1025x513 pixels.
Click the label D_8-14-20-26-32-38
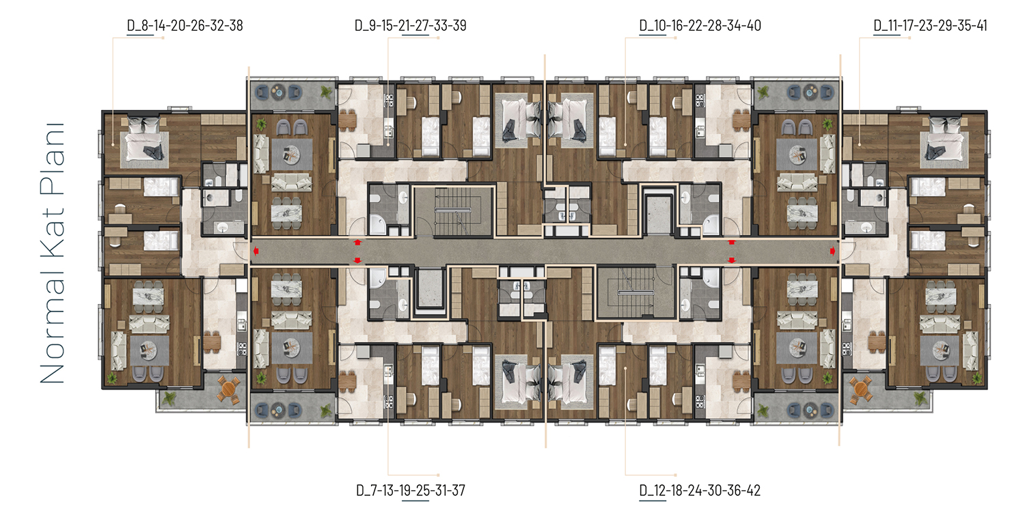[x=185, y=26]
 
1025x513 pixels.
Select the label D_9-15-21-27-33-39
[x=411, y=26]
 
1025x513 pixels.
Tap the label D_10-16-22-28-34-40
[x=700, y=26]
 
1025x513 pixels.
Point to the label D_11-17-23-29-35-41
[x=930, y=26]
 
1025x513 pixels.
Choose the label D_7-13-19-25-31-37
[x=411, y=490]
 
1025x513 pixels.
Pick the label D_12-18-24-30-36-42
[x=700, y=490]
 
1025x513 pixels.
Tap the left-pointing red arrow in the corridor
[x=256, y=251]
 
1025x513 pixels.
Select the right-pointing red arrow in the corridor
[x=833, y=251]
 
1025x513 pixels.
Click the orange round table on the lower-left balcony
[x=228, y=389]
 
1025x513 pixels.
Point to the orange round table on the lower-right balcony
[x=861, y=389]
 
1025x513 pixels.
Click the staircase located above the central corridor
[x=453, y=211]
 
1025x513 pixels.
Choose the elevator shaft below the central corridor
[x=430, y=288]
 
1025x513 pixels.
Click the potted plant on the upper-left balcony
[x=326, y=93]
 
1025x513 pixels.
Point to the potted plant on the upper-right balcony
[x=763, y=93]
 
